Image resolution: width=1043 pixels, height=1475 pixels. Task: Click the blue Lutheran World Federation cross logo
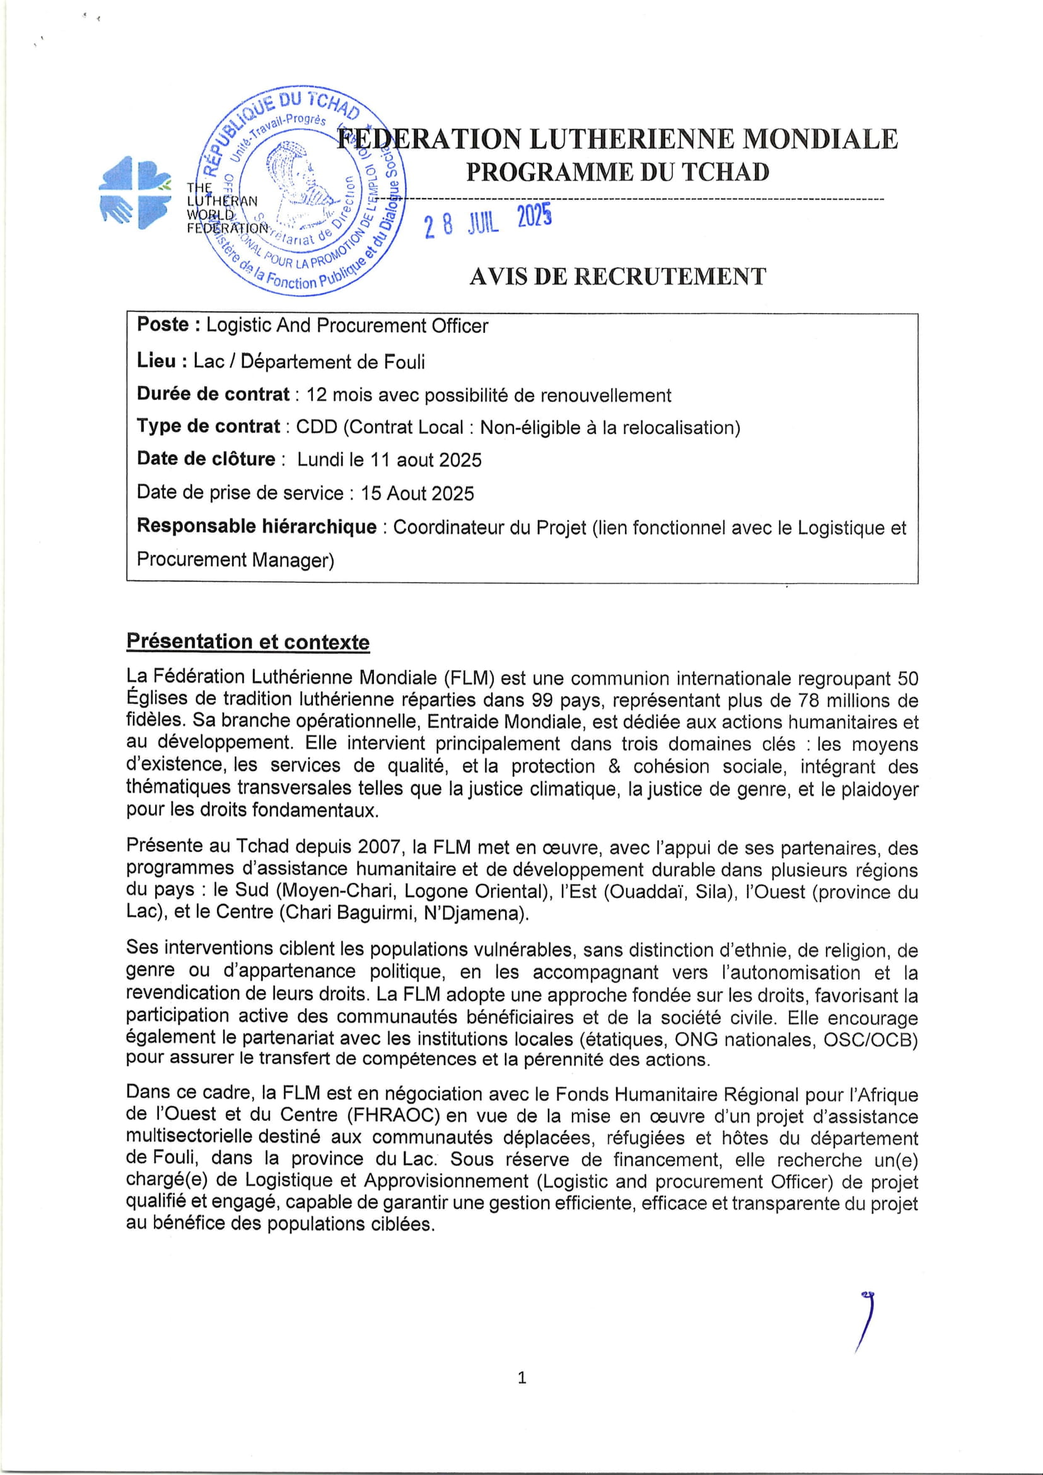pyautogui.click(x=135, y=192)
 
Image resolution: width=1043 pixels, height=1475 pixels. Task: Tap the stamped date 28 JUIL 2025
pyautogui.click(x=487, y=221)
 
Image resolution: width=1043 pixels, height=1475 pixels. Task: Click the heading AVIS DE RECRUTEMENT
pyautogui.click(x=617, y=277)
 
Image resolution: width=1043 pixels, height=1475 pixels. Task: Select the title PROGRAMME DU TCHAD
pyautogui.click(x=617, y=172)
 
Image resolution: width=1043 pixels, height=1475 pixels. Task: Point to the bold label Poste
pyautogui.click(x=163, y=325)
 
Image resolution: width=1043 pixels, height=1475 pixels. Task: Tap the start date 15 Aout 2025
pyautogui.click(x=417, y=493)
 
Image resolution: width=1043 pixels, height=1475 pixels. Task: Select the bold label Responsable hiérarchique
pyautogui.click(x=256, y=527)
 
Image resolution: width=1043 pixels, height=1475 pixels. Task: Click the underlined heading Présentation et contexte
pyautogui.click(x=248, y=642)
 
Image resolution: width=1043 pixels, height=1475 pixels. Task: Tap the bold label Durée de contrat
pyautogui.click(x=213, y=394)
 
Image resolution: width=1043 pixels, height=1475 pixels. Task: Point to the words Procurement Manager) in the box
pyautogui.click(x=235, y=560)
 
